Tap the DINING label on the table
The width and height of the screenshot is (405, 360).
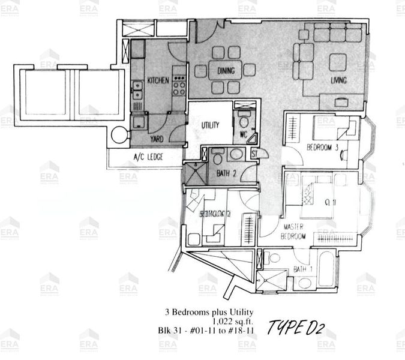tap(226, 71)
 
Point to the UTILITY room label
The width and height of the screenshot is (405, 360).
tap(210, 125)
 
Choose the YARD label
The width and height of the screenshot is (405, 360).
tap(157, 139)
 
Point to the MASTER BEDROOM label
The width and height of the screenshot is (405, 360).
tap(293, 232)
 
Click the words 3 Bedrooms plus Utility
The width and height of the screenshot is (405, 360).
tap(211, 312)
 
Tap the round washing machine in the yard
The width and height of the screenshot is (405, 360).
tap(119, 136)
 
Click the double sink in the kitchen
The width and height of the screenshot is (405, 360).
tap(137, 89)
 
